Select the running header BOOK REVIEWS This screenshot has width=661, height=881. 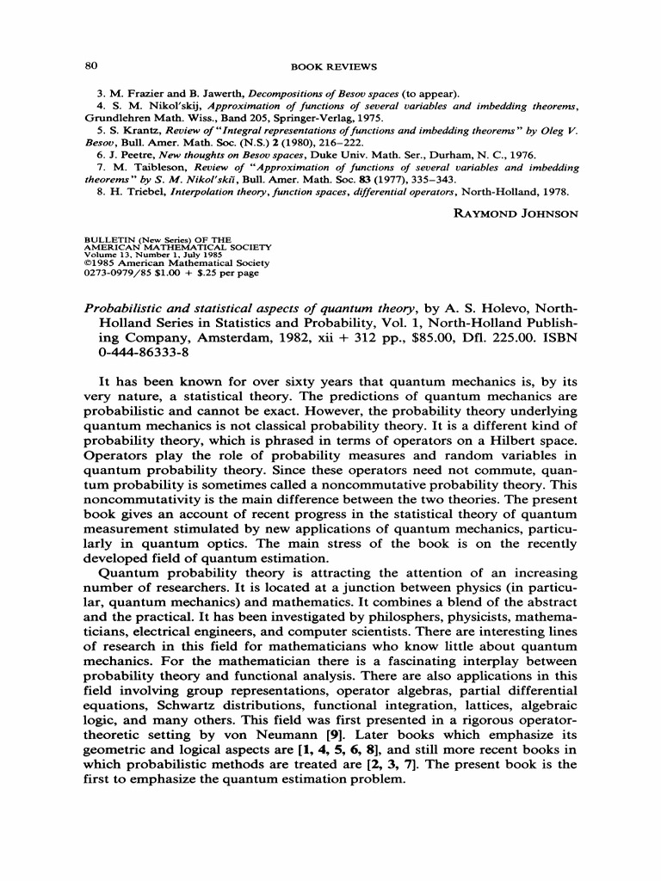(334, 66)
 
